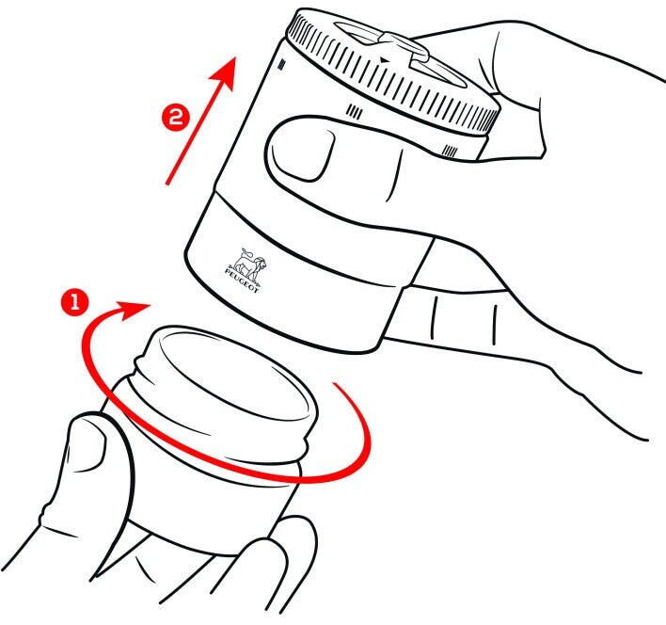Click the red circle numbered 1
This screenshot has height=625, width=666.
[74, 302]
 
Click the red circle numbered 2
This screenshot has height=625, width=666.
[175, 117]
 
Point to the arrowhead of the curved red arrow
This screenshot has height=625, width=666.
[134, 310]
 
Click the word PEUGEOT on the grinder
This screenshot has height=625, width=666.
[241, 280]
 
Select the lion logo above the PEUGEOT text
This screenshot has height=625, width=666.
[251, 264]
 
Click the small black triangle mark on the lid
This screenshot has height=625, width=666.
[384, 60]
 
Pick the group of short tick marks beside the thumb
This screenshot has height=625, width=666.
[355, 112]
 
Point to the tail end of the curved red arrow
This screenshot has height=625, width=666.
[335, 385]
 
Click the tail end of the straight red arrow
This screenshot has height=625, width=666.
[167, 184]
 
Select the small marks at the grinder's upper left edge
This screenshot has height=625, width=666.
[281, 64]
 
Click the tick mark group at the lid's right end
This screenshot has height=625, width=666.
[451, 151]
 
